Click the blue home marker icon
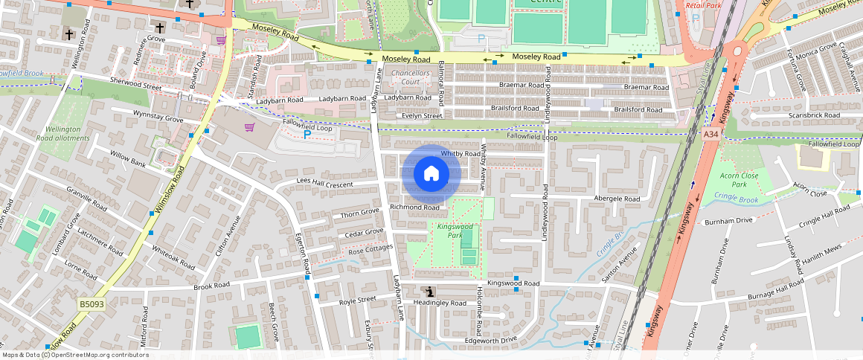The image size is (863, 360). (431, 174)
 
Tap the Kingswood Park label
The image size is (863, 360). (455, 231)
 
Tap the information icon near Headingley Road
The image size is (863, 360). (429, 292)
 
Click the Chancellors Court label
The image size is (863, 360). (411, 78)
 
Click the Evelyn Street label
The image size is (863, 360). (422, 116)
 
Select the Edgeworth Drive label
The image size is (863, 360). (490, 340)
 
